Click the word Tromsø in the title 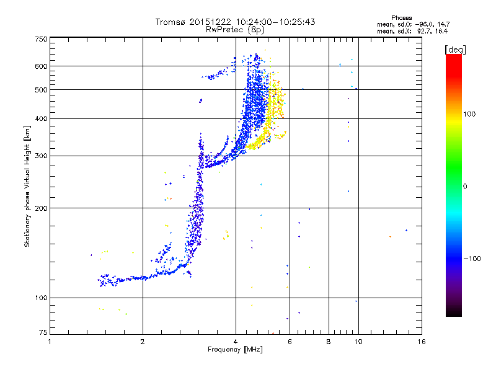[x=171, y=22]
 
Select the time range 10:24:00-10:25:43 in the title [x=275, y=22]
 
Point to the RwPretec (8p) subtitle [x=235, y=30]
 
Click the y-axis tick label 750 [x=41, y=39]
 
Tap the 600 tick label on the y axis [x=41, y=66]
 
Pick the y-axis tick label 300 [x=41, y=156]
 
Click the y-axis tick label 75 [x=43, y=332]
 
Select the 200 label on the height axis [x=41, y=208]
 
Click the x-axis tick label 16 [x=422, y=342]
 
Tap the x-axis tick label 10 [x=358, y=342]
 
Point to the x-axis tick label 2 [x=143, y=342]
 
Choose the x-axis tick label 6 [x=290, y=342]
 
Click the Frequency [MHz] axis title [x=235, y=350]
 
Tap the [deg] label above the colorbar [x=455, y=50]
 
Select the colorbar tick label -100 [x=472, y=259]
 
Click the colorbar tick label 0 [x=465, y=187]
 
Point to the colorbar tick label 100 [x=469, y=114]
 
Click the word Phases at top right [x=401, y=18]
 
